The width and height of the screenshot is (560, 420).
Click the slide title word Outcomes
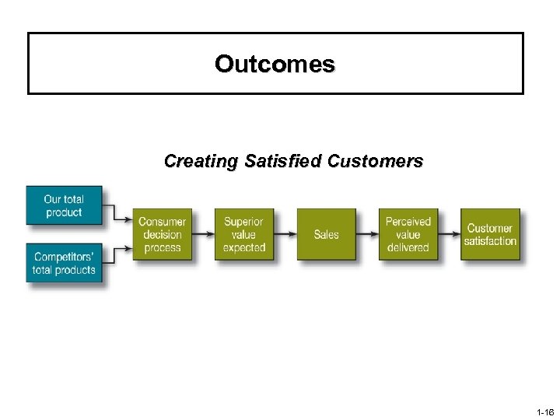pos(275,64)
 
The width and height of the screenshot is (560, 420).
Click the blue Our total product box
pos(64,206)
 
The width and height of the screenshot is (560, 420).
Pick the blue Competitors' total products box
pos(64,264)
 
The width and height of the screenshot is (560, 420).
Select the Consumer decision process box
pos(162,234)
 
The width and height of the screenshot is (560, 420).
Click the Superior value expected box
pos(243,234)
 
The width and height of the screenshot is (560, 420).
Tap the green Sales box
pos(326,234)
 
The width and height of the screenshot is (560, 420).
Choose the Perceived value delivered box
pos(408,234)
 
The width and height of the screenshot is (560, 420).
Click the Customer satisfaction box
pos(490,234)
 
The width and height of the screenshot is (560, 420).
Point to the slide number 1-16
pos(544,412)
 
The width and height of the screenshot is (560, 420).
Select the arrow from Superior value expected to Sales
pos(285,234)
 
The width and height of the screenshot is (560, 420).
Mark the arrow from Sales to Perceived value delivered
pos(367,234)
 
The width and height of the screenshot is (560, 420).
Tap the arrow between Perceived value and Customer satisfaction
pos(449,234)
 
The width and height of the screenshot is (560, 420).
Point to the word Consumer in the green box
pos(162,222)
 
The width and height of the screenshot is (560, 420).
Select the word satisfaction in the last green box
pos(490,241)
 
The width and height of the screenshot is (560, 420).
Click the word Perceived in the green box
pos(408,222)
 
